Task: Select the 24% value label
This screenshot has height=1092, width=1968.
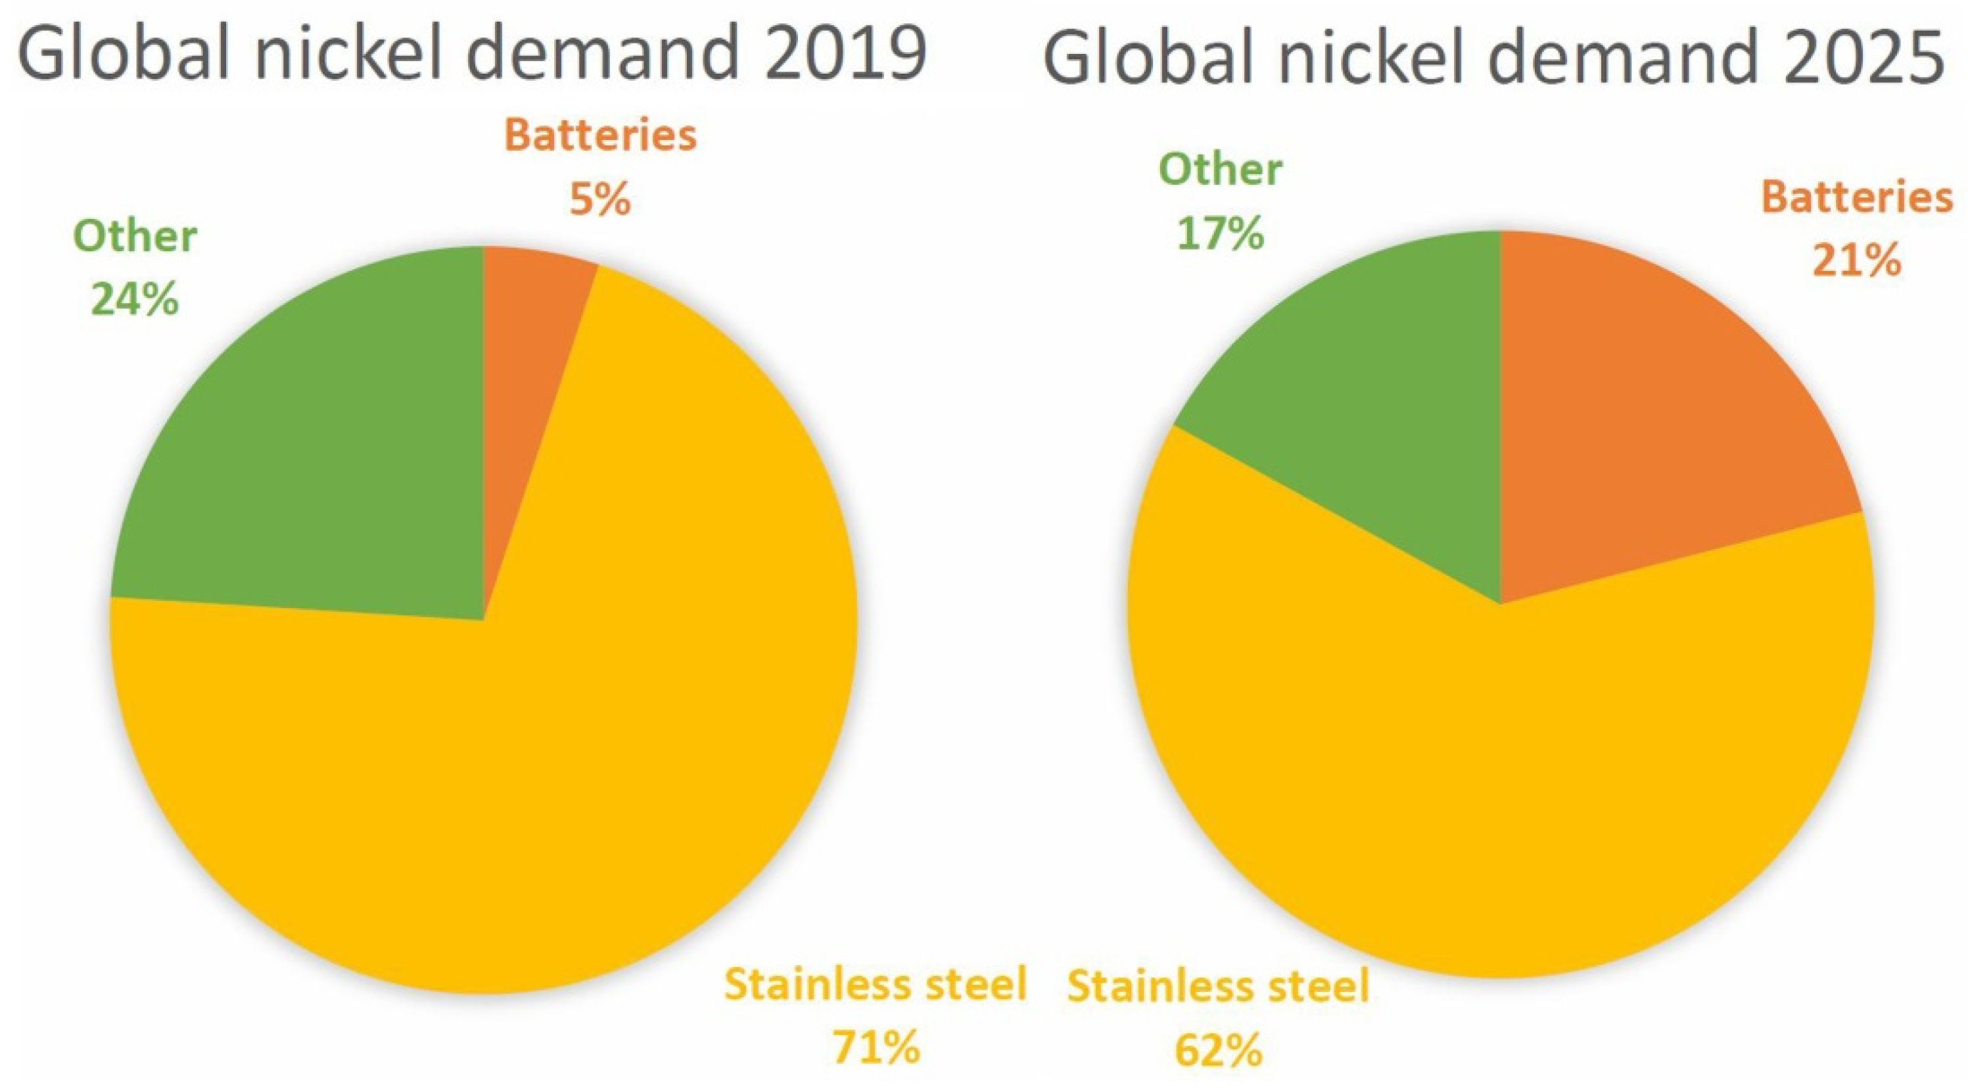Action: (x=135, y=300)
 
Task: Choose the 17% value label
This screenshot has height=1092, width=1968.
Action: (x=1220, y=234)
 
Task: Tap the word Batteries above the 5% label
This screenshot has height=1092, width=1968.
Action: (x=601, y=135)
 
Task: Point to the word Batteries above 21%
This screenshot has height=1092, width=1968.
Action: (x=1856, y=197)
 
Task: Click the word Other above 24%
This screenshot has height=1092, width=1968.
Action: (x=135, y=236)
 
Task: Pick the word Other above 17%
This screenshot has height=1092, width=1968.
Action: (x=1220, y=169)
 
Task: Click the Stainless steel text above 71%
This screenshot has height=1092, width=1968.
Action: (x=876, y=984)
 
